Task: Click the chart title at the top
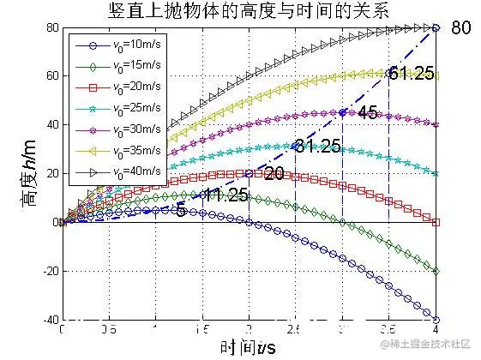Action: pyautogui.click(x=249, y=11)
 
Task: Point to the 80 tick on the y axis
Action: pyautogui.click(x=51, y=28)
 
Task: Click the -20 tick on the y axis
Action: pyautogui.click(x=48, y=271)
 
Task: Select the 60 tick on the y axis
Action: pyautogui.click(x=51, y=76)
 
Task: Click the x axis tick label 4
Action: pyautogui.click(x=437, y=328)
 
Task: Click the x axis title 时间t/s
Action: pyautogui.click(x=248, y=345)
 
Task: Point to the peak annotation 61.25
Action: pyautogui.click(x=411, y=73)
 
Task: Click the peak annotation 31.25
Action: pyautogui.click(x=318, y=146)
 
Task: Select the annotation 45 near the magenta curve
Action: pyautogui.click(x=367, y=112)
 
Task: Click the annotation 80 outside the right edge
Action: pyautogui.click(x=460, y=27)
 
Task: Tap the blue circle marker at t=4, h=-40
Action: pyautogui.click(x=436, y=319)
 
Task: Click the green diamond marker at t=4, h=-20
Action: pyautogui.click(x=436, y=271)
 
